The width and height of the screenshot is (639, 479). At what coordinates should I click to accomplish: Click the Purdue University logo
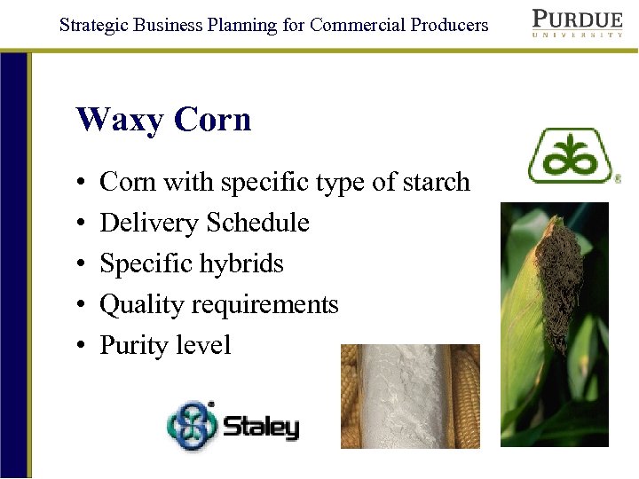pyautogui.click(x=577, y=23)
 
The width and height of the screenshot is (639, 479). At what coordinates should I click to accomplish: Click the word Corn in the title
pyautogui.click(x=213, y=120)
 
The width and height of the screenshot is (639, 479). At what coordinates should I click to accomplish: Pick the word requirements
pyautogui.click(x=265, y=305)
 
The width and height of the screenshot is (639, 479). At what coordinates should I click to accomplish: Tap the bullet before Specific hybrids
pyautogui.click(x=81, y=264)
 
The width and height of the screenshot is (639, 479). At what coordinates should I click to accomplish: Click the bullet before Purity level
pyautogui.click(x=81, y=346)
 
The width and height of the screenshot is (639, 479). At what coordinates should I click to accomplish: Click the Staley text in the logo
pyautogui.click(x=261, y=428)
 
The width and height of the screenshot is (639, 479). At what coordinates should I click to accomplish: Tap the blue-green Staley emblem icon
pyautogui.click(x=192, y=426)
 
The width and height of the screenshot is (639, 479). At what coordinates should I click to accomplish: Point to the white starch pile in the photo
pyautogui.click(x=409, y=395)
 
